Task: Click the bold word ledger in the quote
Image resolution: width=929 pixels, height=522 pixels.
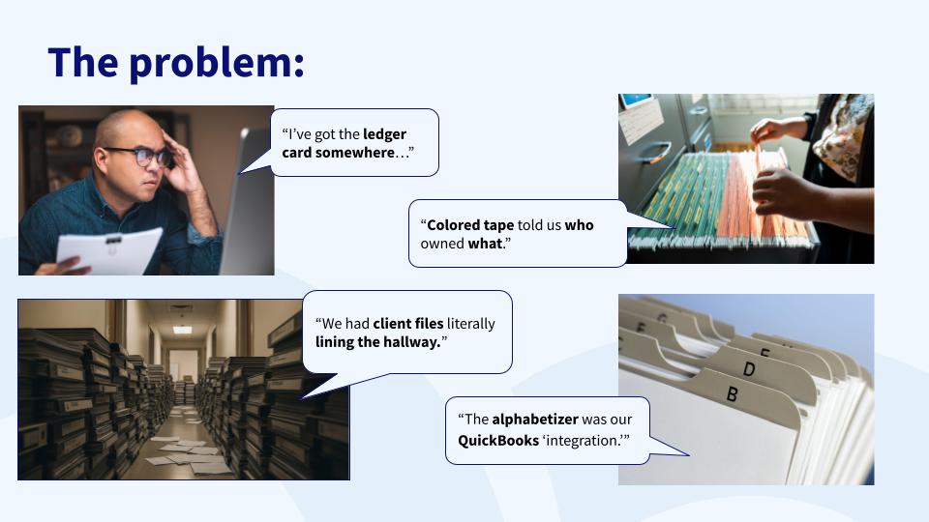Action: (384, 135)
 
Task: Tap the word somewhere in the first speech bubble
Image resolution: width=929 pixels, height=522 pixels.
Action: (354, 153)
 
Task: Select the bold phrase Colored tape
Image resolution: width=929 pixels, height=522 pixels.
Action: (470, 225)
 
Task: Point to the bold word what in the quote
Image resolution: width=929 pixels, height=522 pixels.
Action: (485, 244)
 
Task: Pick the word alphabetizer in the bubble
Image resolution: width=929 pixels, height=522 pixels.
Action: (535, 420)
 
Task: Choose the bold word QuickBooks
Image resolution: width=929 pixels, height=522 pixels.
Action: (498, 441)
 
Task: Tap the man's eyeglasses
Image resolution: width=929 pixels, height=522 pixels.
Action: (141, 157)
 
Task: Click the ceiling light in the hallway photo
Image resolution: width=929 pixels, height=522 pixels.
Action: (182, 329)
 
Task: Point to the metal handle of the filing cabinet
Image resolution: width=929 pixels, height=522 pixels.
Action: (656, 152)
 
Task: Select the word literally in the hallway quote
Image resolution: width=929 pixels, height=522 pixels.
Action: (471, 325)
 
